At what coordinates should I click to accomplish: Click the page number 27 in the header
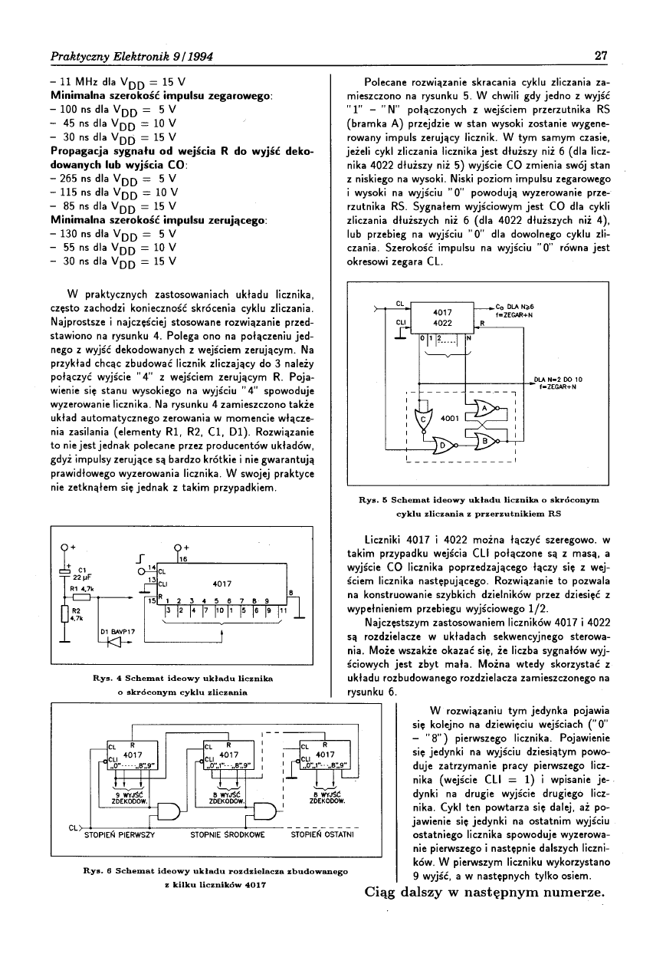point(600,55)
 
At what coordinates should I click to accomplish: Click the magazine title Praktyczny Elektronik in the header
point(103,55)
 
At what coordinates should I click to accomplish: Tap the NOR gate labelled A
point(484,409)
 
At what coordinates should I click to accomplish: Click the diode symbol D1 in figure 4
point(114,642)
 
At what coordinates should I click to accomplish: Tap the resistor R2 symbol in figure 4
point(67,613)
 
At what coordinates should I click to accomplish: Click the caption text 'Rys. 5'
point(375,500)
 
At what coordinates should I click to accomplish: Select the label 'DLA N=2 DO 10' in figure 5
point(559,379)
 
